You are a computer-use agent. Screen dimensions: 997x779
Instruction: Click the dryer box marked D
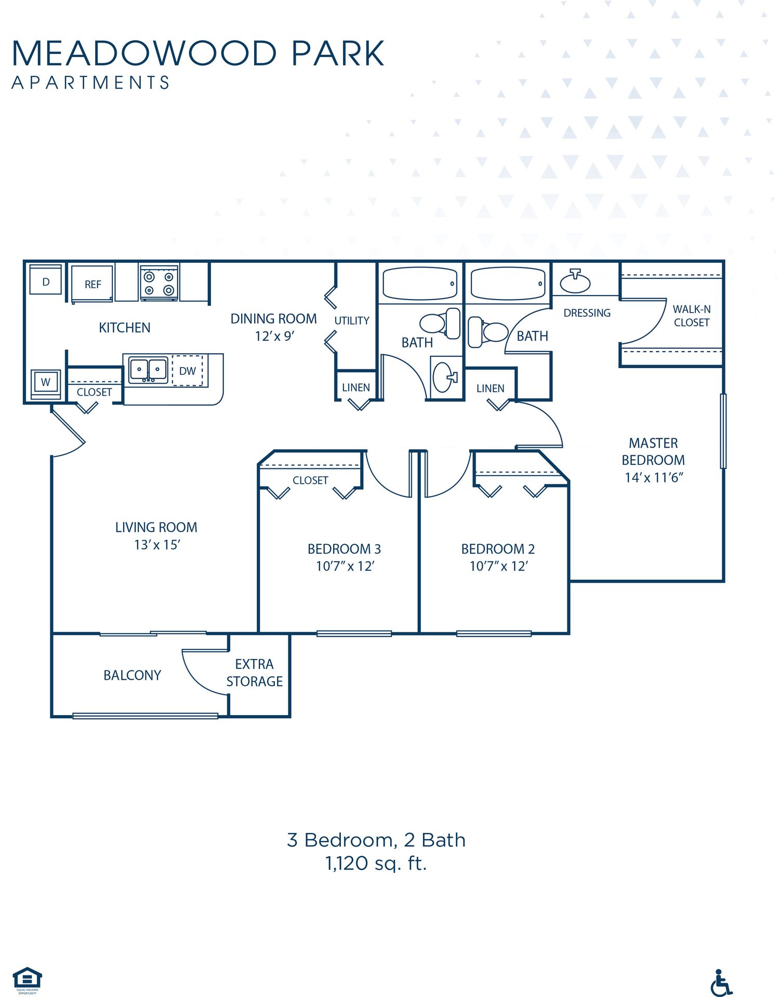tap(46, 281)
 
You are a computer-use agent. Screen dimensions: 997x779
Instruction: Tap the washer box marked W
tap(46, 383)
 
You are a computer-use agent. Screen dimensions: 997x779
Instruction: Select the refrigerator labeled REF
tap(93, 284)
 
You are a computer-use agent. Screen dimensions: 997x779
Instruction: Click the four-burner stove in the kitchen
tap(159, 283)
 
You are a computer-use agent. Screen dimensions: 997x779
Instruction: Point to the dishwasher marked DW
tap(187, 371)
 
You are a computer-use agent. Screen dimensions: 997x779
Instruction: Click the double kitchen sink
tap(148, 370)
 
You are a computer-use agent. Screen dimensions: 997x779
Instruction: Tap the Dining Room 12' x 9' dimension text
tap(274, 336)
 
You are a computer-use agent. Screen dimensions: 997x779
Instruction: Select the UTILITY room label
tap(352, 321)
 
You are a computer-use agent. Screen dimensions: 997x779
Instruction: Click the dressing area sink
tap(575, 282)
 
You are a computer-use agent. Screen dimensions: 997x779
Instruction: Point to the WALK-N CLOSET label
tap(691, 316)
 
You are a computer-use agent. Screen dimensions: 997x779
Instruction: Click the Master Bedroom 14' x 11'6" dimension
tap(653, 478)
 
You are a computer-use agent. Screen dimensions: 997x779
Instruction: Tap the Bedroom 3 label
tap(344, 549)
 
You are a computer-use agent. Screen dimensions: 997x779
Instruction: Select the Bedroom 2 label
tap(498, 549)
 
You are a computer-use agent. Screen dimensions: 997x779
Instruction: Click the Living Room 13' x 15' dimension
tap(156, 545)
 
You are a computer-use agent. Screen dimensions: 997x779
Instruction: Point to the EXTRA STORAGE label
tap(254, 672)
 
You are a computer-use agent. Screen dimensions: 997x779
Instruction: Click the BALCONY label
tap(132, 675)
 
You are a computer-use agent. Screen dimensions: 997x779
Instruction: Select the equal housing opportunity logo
tap(27, 978)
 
